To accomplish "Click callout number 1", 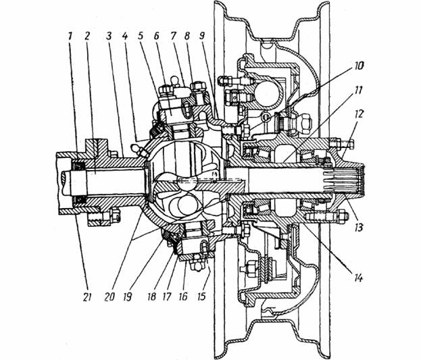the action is pyautogui.click(x=70, y=36).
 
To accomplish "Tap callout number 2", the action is pyautogui.click(x=86, y=36).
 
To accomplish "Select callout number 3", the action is pyautogui.click(x=109, y=36).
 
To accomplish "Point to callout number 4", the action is pyautogui.click(x=124, y=36).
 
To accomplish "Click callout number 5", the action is pyautogui.click(x=141, y=36).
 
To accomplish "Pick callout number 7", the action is pyautogui.click(x=172, y=36).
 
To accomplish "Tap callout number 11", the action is pyautogui.click(x=357, y=90).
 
